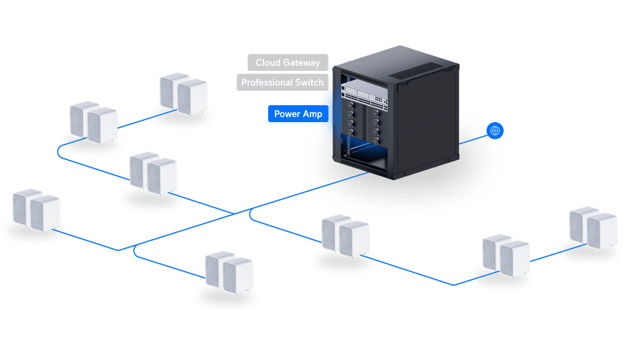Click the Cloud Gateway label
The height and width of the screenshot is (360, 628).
tap(288, 62)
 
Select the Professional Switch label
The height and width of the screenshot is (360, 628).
tap(283, 82)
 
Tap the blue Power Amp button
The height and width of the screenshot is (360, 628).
tap(298, 114)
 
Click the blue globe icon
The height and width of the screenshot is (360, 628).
tap(495, 130)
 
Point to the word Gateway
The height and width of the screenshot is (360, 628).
tap(301, 63)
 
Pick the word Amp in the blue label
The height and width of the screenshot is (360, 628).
tap(312, 114)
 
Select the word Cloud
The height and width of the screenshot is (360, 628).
tap(268, 62)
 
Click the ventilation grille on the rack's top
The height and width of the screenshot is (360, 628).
tap(416, 70)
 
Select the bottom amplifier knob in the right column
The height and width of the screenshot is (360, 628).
tap(376, 141)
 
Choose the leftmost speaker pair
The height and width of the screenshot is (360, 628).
tap(37, 210)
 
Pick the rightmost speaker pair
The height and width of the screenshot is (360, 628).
tap(593, 228)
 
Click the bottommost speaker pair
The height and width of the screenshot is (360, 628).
tap(229, 272)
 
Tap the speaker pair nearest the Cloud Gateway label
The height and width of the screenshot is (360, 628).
tap(183, 94)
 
